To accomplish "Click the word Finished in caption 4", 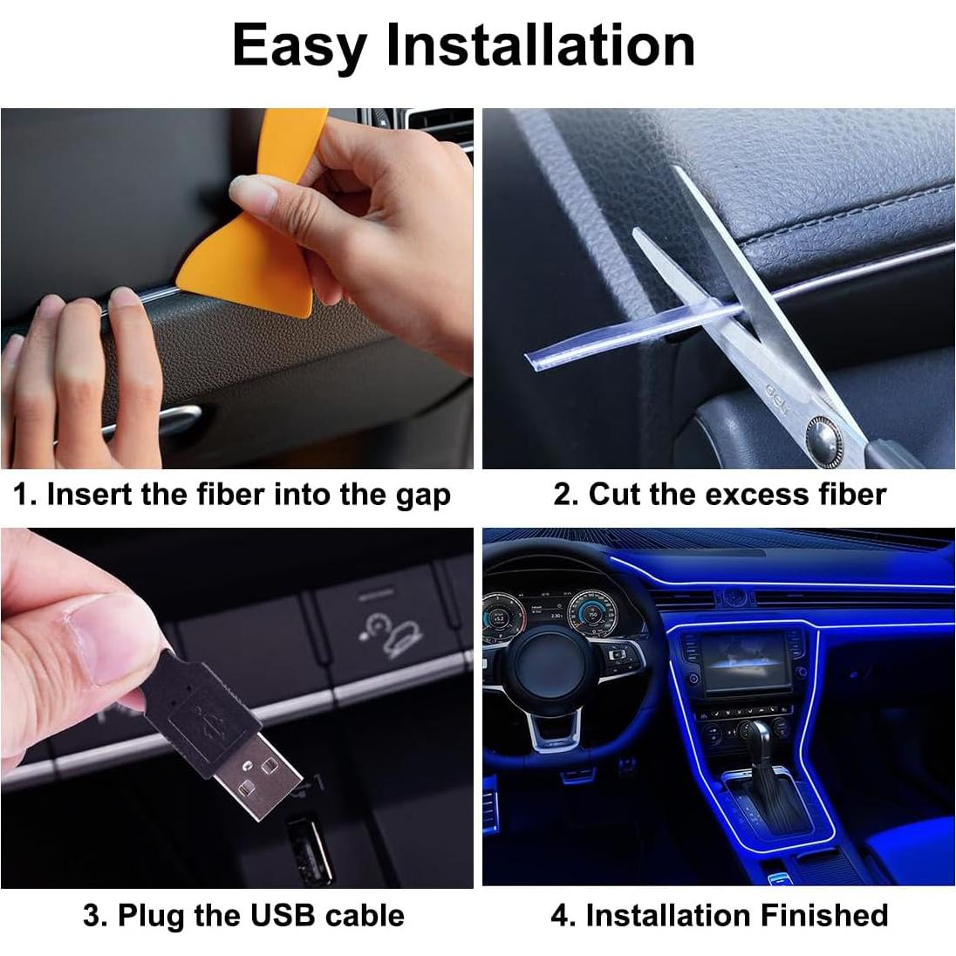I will [x=823, y=915].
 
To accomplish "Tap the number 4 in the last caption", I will [x=560, y=915].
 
